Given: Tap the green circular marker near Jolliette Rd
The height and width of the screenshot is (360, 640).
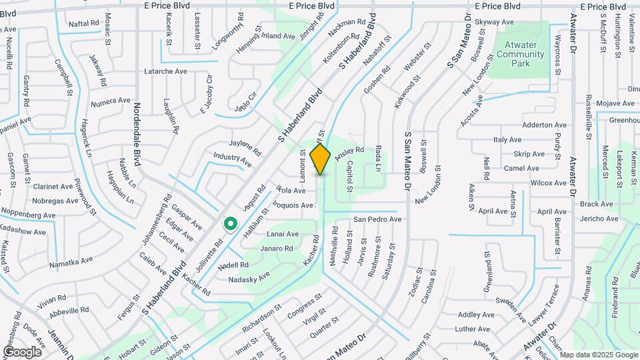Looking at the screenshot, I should (x=230, y=224).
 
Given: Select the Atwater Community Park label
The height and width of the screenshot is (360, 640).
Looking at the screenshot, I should (x=521, y=54).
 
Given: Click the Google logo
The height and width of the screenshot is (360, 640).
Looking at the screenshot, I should (x=22, y=351).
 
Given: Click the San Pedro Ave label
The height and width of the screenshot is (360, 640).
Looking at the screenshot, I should (x=377, y=219).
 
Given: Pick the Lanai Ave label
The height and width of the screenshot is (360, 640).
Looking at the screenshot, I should (x=283, y=234).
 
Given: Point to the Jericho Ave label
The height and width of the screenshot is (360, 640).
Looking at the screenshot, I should (x=595, y=219).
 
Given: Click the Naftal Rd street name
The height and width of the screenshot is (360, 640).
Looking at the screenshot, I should (x=84, y=23).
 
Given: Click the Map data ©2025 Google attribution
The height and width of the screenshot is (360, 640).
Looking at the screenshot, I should (x=599, y=355).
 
